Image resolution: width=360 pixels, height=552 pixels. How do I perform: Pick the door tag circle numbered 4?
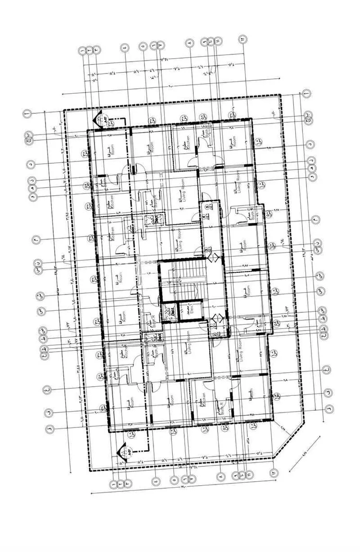(203, 217)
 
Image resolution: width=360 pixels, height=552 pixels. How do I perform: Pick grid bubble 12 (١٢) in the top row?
(243, 38)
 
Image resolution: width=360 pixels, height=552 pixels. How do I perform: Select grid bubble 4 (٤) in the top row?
(125, 47)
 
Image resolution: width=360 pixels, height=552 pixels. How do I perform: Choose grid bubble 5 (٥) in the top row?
(143, 47)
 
